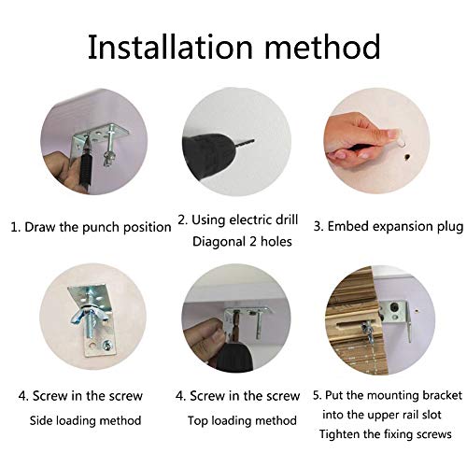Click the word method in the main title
pos(322,47)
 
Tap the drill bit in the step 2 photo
pos(245,144)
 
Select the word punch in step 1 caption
pos(101,228)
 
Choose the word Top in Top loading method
pos(198,421)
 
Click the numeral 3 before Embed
pos(318,226)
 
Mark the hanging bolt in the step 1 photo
pos(108,146)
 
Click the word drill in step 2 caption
pos(287,219)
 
